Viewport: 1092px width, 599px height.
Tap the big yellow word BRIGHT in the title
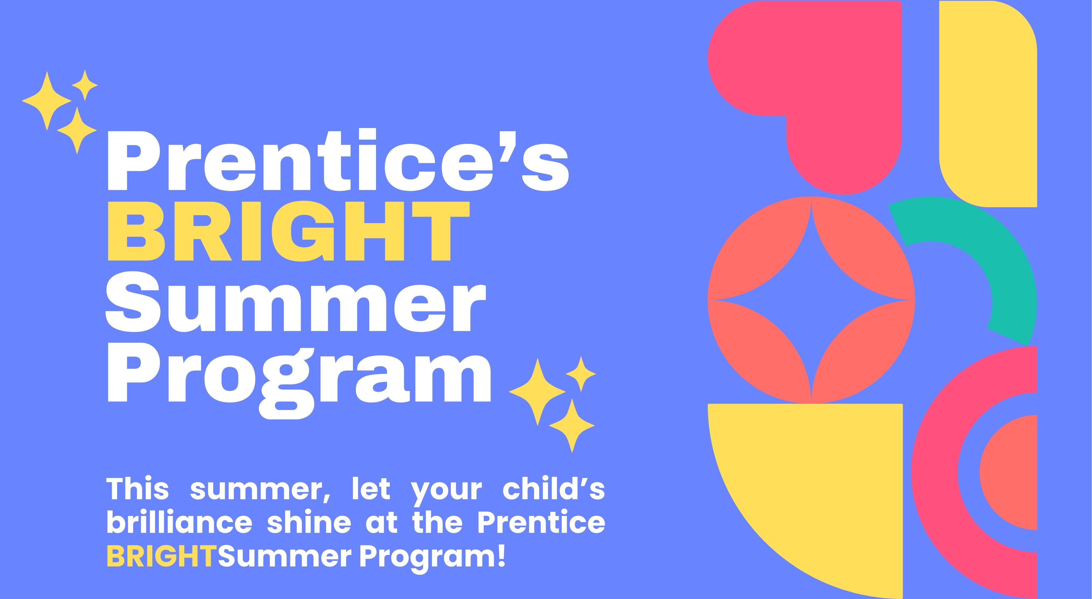pos(289,231)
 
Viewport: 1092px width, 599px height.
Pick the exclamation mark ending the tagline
pos(502,555)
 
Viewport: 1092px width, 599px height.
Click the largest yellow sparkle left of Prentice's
pos(46,101)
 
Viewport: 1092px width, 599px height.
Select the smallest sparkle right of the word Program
pos(581,374)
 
